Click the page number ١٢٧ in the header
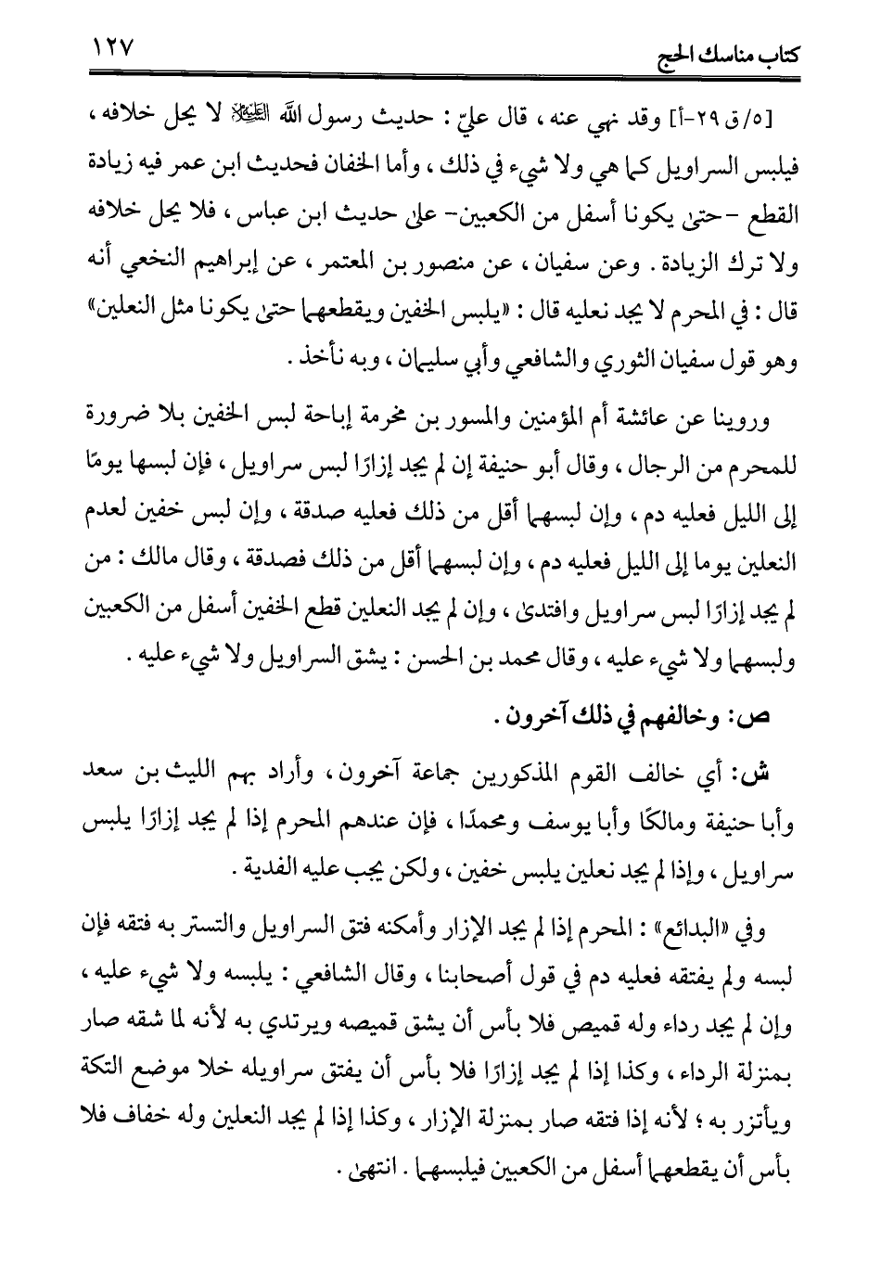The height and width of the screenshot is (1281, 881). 109,44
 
